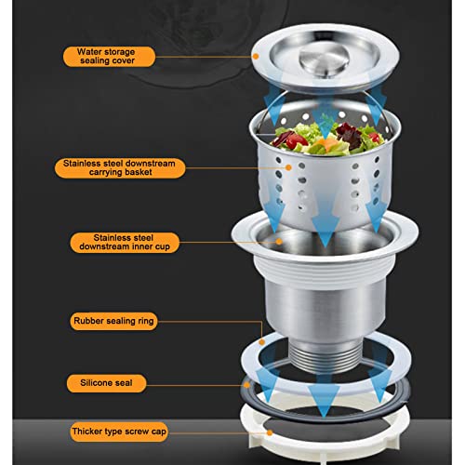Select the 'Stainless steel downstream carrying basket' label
(120, 168)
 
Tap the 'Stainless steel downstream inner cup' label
(125, 243)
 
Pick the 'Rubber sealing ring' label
(113, 321)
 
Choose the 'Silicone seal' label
(106, 383)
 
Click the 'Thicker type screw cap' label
(119, 432)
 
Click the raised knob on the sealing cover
(325, 59)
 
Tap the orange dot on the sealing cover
(256, 57)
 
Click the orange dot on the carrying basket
(288, 167)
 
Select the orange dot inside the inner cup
(279, 242)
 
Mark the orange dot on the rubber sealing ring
(262, 342)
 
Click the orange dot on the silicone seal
(247, 385)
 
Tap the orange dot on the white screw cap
(270, 432)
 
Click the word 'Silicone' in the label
(93, 383)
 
